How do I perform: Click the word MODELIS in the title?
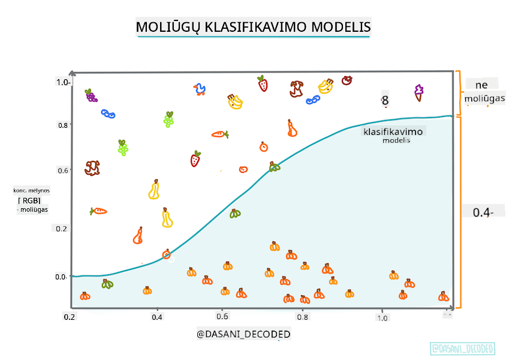pos(341,28)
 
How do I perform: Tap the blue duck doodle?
pos(200,90)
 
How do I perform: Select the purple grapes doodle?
pos(91,95)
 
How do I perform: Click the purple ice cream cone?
pos(418,92)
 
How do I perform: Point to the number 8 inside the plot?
pos(385,101)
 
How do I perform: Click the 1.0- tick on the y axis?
pos(64,82)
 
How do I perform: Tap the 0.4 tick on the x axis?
pos(157,316)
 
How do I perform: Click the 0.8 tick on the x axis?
pos(303,317)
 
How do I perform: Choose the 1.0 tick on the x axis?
pos(382,317)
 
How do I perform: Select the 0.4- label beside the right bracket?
pos(483,212)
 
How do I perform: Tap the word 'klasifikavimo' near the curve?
pos(393,131)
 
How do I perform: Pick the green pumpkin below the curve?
pos(107,284)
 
